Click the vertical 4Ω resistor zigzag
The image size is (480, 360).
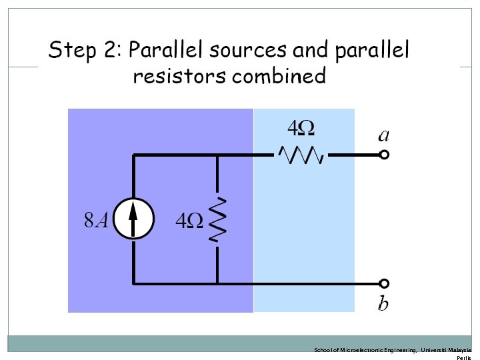(x=218, y=219)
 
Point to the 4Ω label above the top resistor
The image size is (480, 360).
(x=300, y=127)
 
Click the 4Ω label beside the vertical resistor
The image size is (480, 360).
(x=189, y=221)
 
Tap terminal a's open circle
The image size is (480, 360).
(x=384, y=155)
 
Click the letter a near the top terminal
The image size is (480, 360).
(x=384, y=135)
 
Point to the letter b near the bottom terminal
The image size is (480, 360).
(x=383, y=303)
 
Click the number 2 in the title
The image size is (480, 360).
(x=107, y=50)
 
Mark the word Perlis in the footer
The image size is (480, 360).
(x=463, y=358)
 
